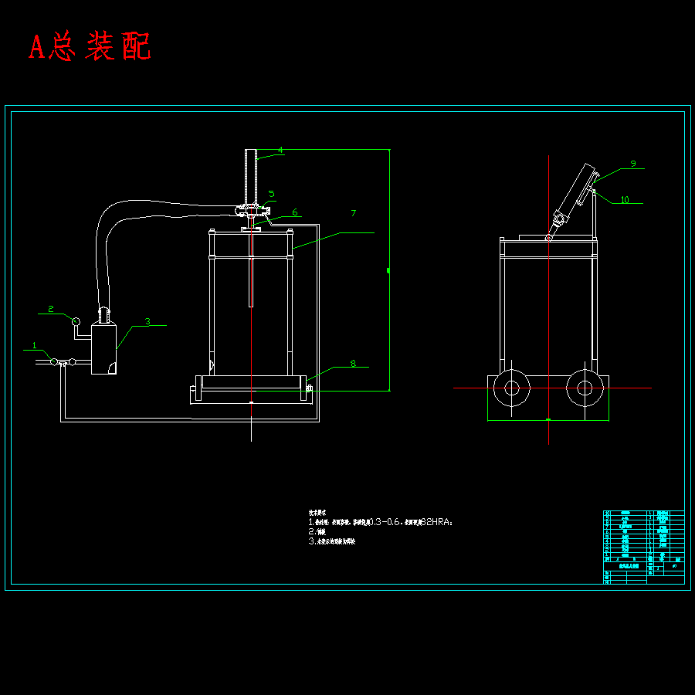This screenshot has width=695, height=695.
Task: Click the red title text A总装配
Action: [x=90, y=47]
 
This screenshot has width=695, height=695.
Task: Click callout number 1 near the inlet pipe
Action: [x=34, y=345]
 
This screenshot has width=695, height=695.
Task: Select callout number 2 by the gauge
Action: [x=51, y=309]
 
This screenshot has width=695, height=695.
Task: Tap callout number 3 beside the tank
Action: [x=147, y=320]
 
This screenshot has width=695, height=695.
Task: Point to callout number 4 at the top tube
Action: [x=280, y=150]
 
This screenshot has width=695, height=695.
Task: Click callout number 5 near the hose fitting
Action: [x=271, y=194]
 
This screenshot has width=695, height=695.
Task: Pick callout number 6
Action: [x=294, y=212]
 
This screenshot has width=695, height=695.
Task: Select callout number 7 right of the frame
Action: [x=353, y=212]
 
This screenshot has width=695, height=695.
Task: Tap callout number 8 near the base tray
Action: [x=353, y=363]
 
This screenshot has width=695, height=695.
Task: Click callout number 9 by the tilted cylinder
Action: [x=632, y=164]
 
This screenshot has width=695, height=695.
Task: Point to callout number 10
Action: [x=625, y=200]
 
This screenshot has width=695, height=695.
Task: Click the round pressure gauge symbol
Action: [x=76, y=320]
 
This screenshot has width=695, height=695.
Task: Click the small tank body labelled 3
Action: [x=103, y=349]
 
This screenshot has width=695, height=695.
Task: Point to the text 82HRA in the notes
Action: [x=436, y=523]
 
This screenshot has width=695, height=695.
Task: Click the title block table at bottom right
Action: [x=642, y=547]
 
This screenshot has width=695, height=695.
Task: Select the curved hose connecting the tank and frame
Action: [x=147, y=209]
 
